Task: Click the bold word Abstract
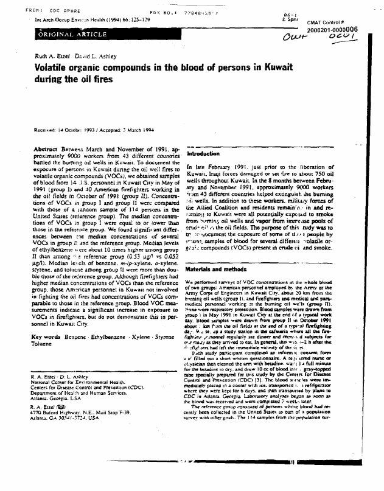click(x=45, y=149)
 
